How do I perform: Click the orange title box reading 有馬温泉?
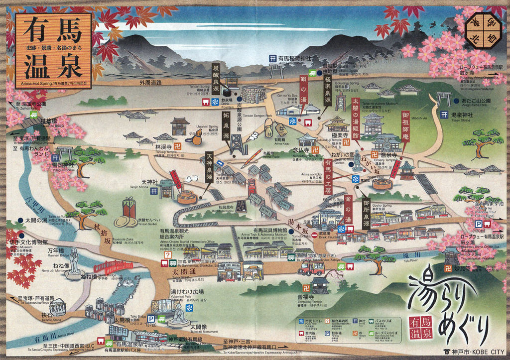pos(54,50)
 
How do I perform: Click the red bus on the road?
pos(311,268)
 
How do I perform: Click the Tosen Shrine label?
pos(463,115)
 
